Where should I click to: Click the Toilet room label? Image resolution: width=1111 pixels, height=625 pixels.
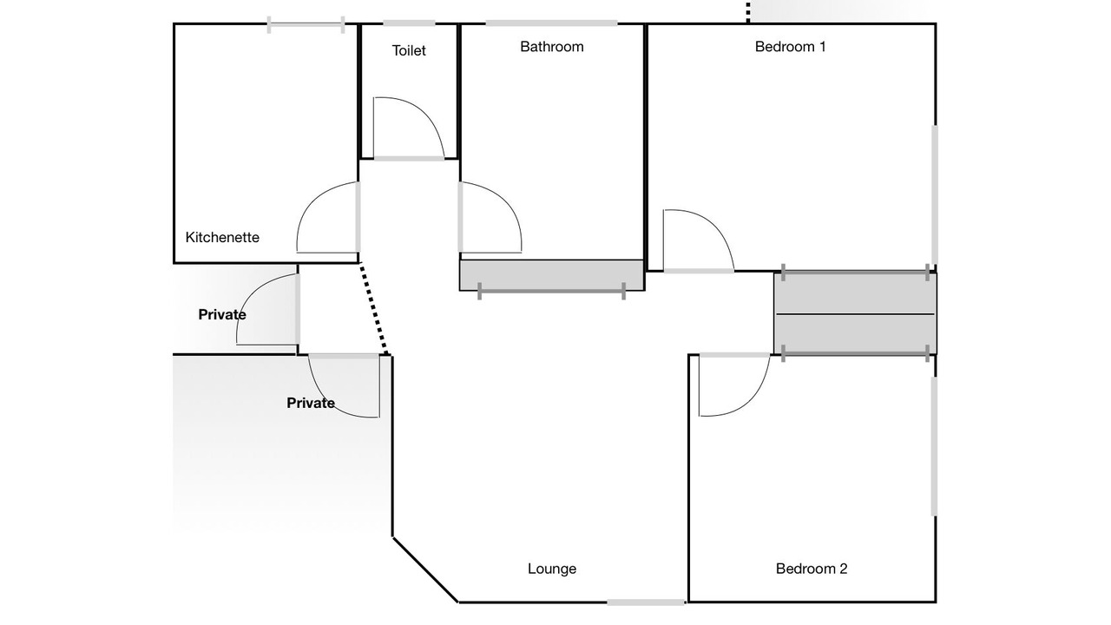409,50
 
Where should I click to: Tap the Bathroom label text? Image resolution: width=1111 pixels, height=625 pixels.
551,47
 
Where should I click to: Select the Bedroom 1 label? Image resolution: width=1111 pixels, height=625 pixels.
790,47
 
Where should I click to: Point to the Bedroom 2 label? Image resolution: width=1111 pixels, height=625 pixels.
812,569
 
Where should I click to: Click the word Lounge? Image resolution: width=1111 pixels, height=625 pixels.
551,569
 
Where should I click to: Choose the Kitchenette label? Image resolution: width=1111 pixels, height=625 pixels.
222,237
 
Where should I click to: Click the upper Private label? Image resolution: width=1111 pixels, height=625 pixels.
221,314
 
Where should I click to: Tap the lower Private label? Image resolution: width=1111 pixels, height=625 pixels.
311,403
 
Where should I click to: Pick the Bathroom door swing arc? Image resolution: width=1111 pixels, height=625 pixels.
507,202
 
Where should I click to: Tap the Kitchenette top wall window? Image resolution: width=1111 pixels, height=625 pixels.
306,24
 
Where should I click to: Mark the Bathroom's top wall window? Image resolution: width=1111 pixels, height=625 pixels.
551,23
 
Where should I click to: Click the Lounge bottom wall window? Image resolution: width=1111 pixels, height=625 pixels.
647,602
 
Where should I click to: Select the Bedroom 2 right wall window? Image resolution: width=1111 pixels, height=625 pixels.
935,446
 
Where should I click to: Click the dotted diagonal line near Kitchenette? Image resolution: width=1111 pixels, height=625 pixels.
374,308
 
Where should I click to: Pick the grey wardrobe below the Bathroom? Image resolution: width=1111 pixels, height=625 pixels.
551,275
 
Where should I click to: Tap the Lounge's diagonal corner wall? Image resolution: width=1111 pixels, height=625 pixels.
425,569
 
